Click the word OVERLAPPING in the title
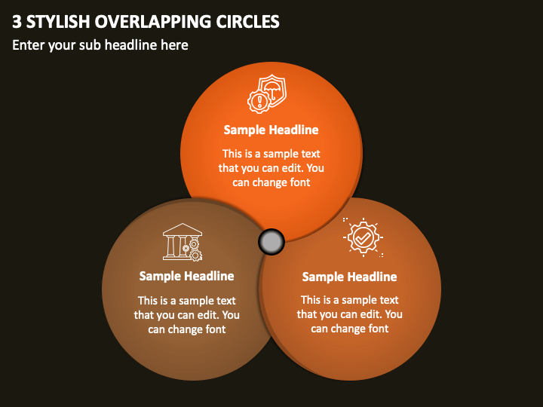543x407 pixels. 152,21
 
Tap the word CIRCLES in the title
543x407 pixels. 247,21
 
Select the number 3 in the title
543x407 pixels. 17,21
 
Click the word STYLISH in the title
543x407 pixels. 58,21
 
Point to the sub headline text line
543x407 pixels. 100,45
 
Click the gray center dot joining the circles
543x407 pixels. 271,242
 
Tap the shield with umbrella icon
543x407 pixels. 273,89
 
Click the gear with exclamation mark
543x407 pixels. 259,102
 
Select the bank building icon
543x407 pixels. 183,242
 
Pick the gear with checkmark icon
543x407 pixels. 363,237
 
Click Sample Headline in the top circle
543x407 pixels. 271,130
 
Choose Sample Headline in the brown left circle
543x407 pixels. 187,276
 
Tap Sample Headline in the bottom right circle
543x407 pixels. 349,277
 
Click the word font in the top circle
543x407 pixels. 300,182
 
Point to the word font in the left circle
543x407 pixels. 216,329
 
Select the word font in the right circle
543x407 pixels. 378,329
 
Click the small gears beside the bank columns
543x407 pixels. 193,249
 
